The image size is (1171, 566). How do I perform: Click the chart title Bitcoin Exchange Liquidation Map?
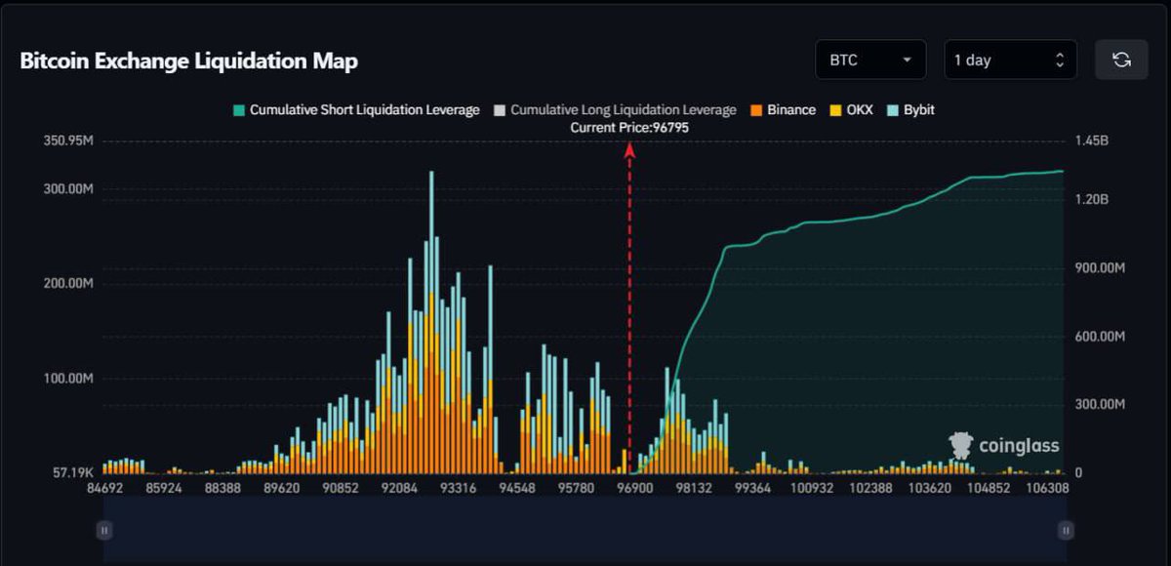[189, 61]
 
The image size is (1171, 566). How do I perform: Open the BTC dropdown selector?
[870, 60]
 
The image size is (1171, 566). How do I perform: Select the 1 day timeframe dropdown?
[1010, 60]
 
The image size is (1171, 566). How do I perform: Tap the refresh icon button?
[1121, 60]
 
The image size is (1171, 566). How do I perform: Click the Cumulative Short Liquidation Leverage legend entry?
[355, 110]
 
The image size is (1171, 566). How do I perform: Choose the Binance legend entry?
[783, 110]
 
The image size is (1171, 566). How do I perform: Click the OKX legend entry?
[851, 110]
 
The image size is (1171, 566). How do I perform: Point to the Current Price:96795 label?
[629, 127]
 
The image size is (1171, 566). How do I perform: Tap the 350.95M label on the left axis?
[68, 141]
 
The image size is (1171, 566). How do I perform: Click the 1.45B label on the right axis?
[1091, 141]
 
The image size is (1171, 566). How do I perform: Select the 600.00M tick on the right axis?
[1100, 336]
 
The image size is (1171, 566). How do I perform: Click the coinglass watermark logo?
[1004, 446]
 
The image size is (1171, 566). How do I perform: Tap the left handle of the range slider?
[104, 530]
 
